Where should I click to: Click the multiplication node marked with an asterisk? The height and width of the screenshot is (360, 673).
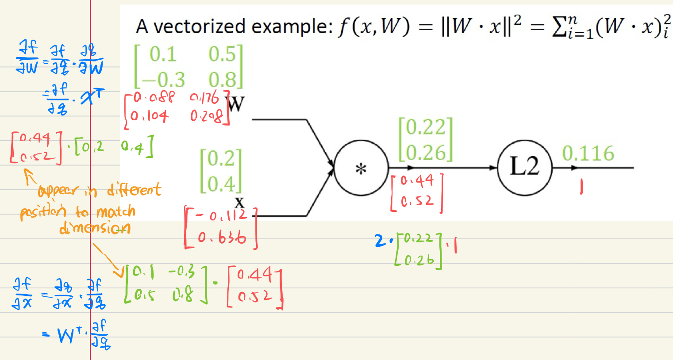[x=361, y=169]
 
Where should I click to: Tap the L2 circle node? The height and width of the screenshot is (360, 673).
[x=525, y=168]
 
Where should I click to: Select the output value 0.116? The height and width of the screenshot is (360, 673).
[x=588, y=153]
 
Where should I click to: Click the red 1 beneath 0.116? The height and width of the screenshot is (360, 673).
[x=581, y=188]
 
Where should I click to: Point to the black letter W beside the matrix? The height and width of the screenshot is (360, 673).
[x=235, y=104]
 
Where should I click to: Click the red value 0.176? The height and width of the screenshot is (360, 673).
[x=204, y=97]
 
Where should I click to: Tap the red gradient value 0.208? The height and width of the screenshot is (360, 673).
[x=206, y=116]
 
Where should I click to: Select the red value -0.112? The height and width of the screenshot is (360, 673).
[x=221, y=215]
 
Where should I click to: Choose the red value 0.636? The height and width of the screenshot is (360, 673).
[x=222, y=238]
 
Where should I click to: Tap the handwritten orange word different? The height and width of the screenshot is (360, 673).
[x=134, y=190]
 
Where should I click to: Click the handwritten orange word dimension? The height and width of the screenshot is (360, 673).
[x=95, y=228]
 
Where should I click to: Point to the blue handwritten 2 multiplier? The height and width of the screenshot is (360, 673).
[x=380, y=241]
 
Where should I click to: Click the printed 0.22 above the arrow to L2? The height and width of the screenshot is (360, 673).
[x=426, y=127]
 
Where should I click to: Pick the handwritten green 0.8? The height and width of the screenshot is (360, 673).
[x=183, y=294]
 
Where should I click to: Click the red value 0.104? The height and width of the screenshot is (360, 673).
[x=150, y=116]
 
